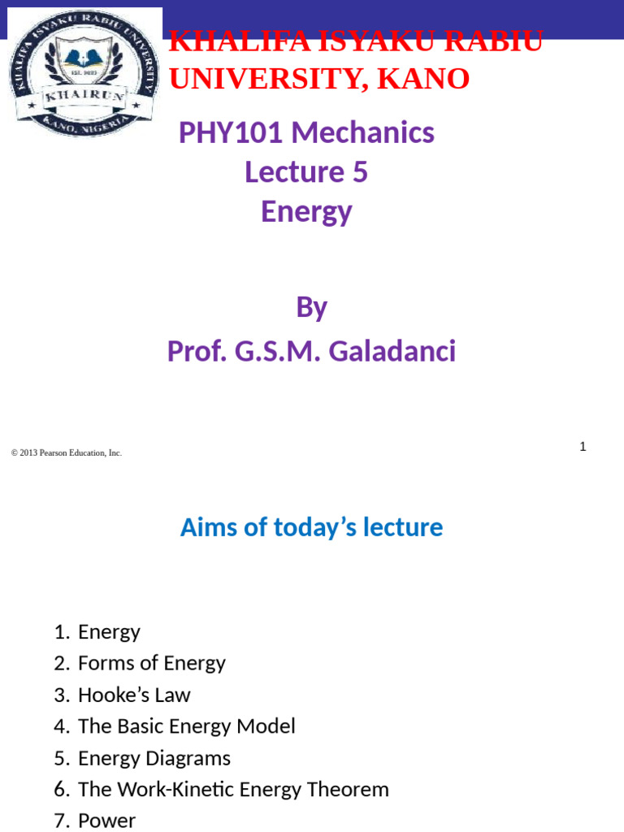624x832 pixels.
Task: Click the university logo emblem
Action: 84,73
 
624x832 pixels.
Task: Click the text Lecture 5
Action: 306,172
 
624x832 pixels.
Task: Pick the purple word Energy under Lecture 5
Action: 306,211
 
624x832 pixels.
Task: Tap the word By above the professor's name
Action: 311,307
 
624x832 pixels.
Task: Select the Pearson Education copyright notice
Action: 67,453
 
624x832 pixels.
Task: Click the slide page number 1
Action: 583,446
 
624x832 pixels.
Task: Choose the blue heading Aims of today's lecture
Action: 311,527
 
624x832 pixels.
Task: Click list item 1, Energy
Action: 109,631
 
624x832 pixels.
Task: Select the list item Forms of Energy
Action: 151,663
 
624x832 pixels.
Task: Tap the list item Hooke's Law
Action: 134,695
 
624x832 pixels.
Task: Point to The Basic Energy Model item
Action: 186,726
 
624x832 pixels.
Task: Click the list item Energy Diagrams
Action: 154,758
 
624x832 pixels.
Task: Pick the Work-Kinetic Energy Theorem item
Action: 233,789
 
